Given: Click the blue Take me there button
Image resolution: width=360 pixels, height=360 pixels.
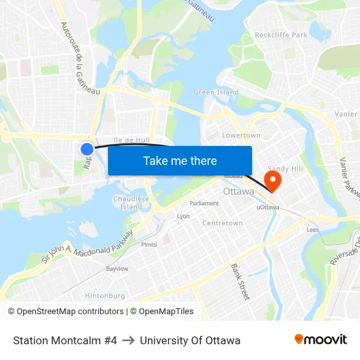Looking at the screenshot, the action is (180, 160).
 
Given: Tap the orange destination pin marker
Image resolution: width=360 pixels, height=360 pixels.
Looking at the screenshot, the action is (272, 179).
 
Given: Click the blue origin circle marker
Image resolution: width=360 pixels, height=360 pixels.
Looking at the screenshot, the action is (87, 149).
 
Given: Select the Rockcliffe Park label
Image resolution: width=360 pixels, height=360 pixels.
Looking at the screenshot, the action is (281, 35).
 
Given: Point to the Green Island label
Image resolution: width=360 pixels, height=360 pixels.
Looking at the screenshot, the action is (216, 92).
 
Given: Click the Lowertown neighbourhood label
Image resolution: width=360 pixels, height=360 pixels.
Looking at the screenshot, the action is (242, 135).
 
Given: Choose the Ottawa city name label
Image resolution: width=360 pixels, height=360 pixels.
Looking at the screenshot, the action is (238, 192).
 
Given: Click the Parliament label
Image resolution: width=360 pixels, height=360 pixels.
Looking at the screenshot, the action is (204, 204).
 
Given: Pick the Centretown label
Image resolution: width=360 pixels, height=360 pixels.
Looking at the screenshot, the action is (223, 223).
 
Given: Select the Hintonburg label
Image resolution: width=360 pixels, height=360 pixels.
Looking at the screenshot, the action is (105, 296).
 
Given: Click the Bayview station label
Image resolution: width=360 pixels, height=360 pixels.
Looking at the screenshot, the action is (117, 269).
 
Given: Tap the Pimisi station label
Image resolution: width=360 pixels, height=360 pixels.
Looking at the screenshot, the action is (149, 244).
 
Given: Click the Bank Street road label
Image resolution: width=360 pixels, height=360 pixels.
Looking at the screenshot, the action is (240, 282).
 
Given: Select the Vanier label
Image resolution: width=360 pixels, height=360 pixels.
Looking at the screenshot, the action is (346, 114).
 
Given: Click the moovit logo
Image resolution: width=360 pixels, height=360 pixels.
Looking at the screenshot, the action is (321, 340).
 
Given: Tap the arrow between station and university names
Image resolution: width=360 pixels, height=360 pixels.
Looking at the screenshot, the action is (128, 340).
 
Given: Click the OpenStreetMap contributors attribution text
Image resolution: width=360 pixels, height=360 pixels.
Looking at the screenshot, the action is (65, 312).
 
